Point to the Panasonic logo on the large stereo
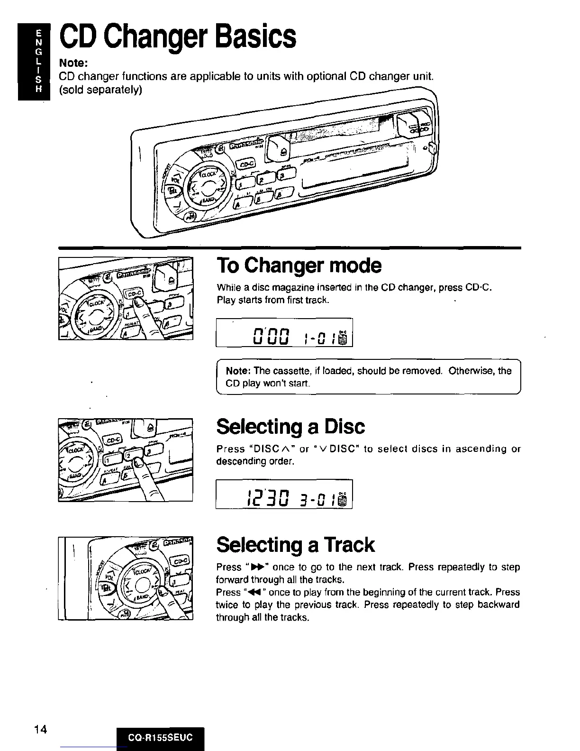tap(246, 144)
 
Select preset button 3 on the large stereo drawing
tap(283, 176)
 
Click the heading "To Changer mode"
tap(299, 266)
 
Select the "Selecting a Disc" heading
tap(290, 427)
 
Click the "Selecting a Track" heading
tap(295, 545)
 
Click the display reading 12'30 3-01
tap(284, 495)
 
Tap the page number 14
tap(41, 729)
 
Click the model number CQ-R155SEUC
tap(160, 738)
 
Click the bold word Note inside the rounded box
tap(238, 371)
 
